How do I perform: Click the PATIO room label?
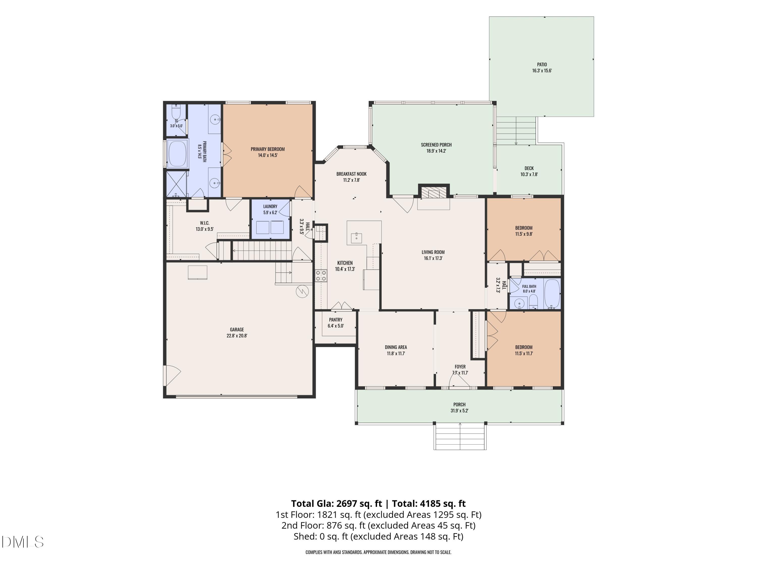pos(542,64)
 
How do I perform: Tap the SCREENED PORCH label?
pos(436,145)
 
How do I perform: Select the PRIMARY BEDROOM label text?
pos(268,149)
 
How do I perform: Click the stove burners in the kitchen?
pos(321,276)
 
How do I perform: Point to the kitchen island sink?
pos(356,237)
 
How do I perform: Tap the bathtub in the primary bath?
pos(177,154)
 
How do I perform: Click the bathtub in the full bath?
pos(552,294)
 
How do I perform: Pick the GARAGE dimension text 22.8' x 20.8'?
pos(237,335)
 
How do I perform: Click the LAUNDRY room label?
pos(270,206)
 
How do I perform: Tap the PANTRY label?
pos(336,320)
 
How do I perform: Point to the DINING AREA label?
pos(396,347)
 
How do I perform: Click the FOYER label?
pos(460,367)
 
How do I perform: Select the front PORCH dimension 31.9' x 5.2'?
pos(459,410)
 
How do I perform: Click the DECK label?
pos(529,168)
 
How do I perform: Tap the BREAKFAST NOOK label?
pos(352,174)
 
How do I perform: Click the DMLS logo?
pos(23,542)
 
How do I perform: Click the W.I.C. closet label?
pos(205,223)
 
